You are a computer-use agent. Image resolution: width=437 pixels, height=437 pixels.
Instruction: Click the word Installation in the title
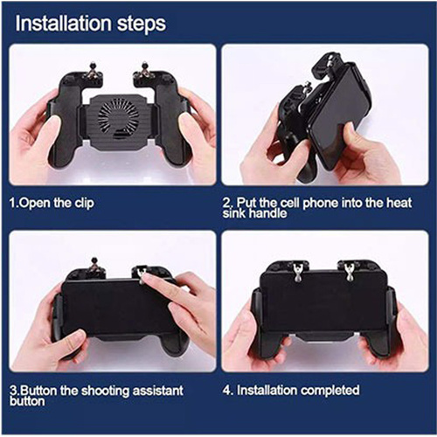63,24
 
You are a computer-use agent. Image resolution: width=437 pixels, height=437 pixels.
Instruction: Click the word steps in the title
142,25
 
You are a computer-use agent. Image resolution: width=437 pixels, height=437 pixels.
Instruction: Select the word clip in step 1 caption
85,203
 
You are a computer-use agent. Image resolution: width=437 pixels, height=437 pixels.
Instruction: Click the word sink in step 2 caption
234,213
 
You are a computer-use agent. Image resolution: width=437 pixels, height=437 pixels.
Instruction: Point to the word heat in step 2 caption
399,203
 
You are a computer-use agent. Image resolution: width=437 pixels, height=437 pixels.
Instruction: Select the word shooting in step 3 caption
105,392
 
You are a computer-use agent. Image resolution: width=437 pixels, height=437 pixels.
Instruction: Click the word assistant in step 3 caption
158,391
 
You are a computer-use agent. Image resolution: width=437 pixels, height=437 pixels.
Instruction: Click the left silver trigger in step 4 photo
298,273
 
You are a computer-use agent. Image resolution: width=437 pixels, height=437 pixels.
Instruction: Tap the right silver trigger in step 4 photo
349,273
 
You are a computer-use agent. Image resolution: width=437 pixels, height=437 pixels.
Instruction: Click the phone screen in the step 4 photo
323,303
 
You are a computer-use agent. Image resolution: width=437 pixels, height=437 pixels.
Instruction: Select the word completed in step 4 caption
330,391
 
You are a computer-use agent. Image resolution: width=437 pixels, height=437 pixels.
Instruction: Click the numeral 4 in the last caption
226,391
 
